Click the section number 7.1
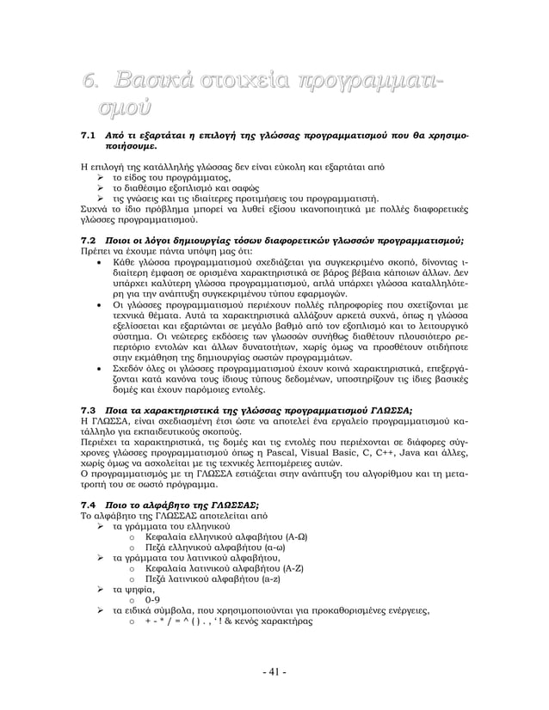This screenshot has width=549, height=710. click(x=86, y=137)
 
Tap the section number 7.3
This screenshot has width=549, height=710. click(x=86, y=408)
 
